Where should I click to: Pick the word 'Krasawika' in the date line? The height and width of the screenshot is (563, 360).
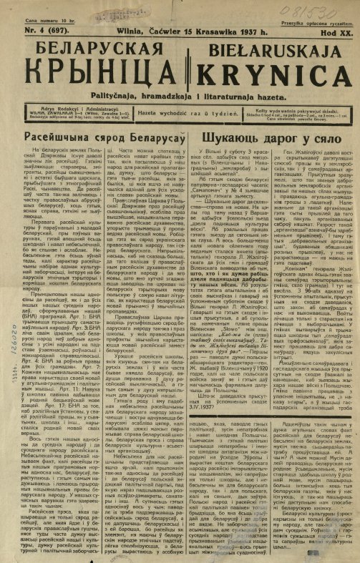(213, 31)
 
